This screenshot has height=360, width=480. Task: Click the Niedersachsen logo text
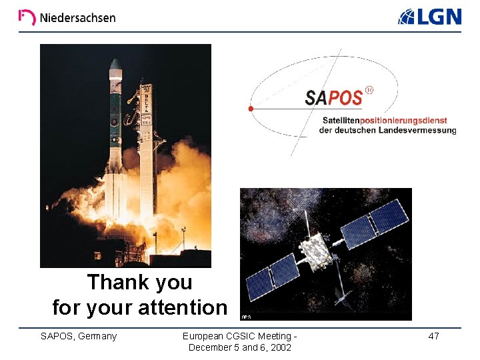click(77, 17)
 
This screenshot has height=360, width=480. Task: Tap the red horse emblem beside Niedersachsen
click(27, 17)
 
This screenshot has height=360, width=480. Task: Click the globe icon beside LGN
click(407, 17)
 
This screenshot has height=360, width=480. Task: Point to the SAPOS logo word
click(333, 98)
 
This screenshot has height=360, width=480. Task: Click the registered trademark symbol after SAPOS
click(369, 90)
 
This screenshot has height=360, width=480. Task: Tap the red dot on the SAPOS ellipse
click(251, 108)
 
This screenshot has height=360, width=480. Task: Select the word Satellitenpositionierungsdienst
click(385, 121)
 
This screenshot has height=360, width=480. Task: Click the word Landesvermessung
click(417, 131)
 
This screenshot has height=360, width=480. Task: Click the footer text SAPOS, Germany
click(79, 336)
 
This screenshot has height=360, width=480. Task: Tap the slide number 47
click(433, 336)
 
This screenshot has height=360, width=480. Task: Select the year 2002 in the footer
click(279, 347)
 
